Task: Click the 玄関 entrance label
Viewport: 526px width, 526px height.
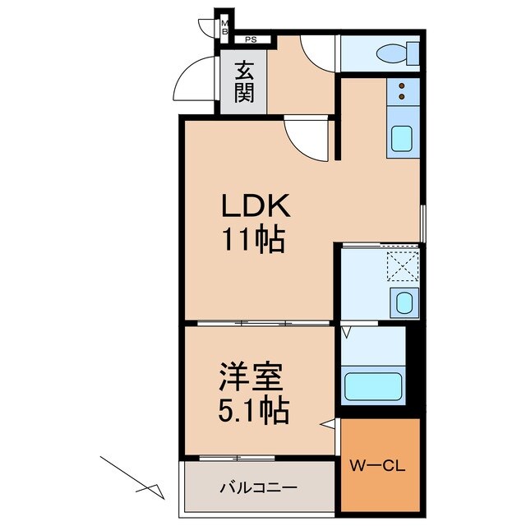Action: (x=243, y=82)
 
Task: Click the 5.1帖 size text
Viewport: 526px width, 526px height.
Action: (x=253, y=409)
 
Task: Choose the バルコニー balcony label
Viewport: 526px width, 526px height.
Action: (x=256, y=487)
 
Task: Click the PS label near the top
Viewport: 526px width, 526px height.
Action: (x=250, y=39)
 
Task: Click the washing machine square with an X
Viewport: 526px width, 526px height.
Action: (x=403, y=267)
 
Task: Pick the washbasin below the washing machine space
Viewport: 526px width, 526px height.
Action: (x=403, y=302)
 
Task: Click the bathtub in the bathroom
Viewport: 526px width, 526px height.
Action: (x=373, y=385)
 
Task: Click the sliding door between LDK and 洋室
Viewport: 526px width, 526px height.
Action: (x=259, y=323)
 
